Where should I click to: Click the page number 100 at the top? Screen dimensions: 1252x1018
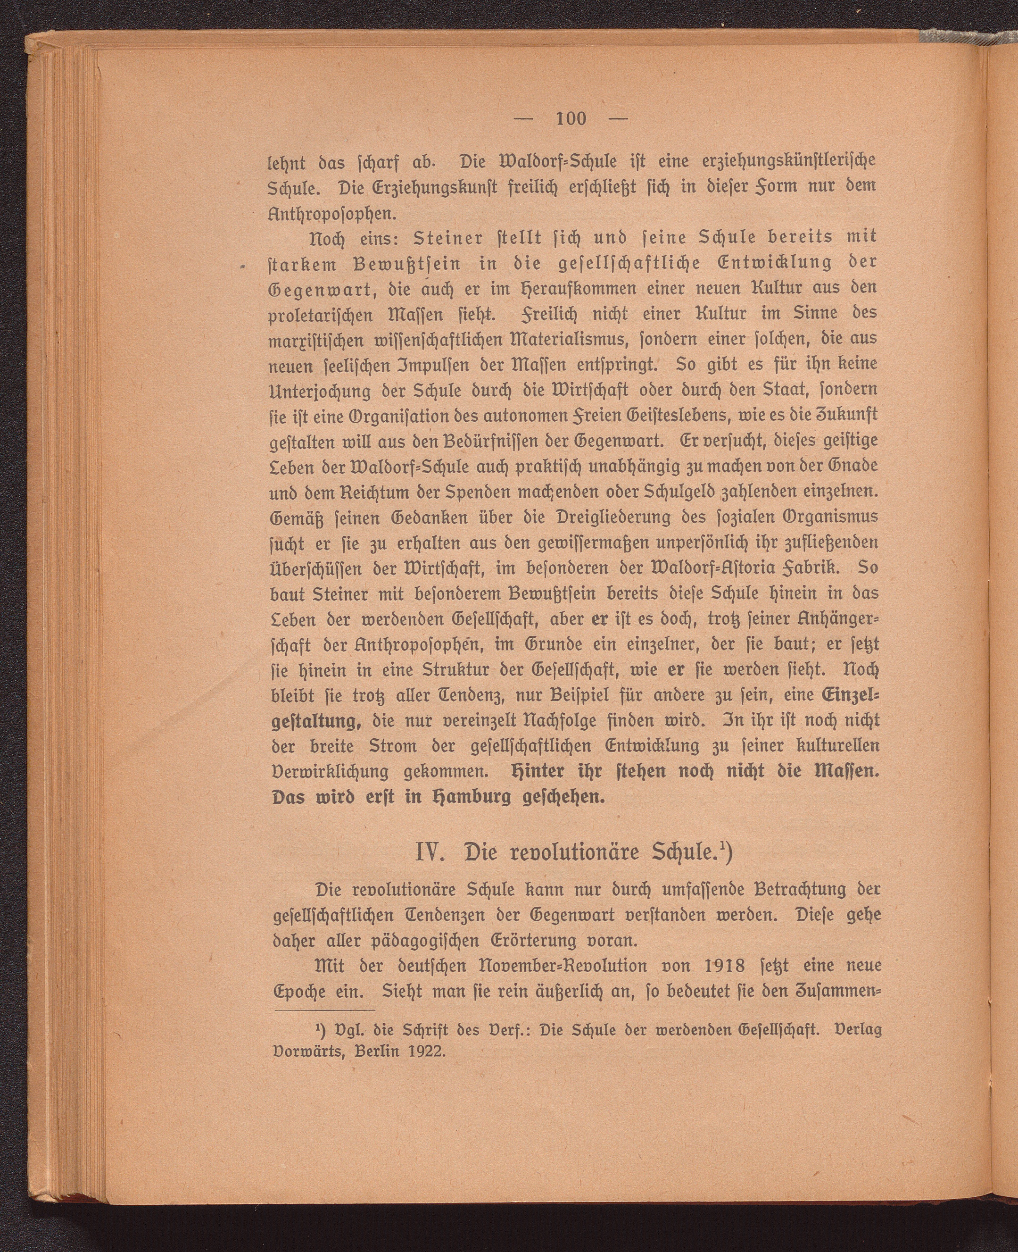click(x=571, y=118)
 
